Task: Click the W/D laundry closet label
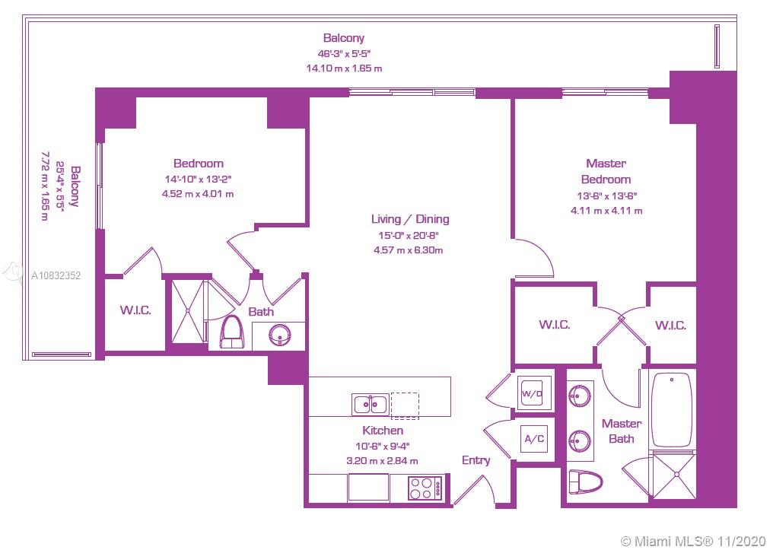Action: click(532, 393)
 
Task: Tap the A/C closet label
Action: click(534, 438)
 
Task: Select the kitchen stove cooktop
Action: click(426, 488)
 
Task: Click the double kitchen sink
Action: click(371, 404)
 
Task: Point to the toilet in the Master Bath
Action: click(586, 481)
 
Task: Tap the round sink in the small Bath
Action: click(281, 335)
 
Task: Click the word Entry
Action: click(476, 460)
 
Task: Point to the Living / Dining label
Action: click(410, 219)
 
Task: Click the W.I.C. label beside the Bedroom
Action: click(135, 310)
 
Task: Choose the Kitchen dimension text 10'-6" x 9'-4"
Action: click(383, 446)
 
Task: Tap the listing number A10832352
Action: click(56, 275)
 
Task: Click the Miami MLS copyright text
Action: click(692, 541)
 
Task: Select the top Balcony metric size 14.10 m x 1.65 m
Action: click(344, 68)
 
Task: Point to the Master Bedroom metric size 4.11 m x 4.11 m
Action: click(606, 211)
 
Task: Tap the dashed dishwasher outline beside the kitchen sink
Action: click(405, 405)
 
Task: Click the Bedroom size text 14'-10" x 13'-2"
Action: click(198, 179)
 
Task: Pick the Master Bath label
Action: click(622, 431)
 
